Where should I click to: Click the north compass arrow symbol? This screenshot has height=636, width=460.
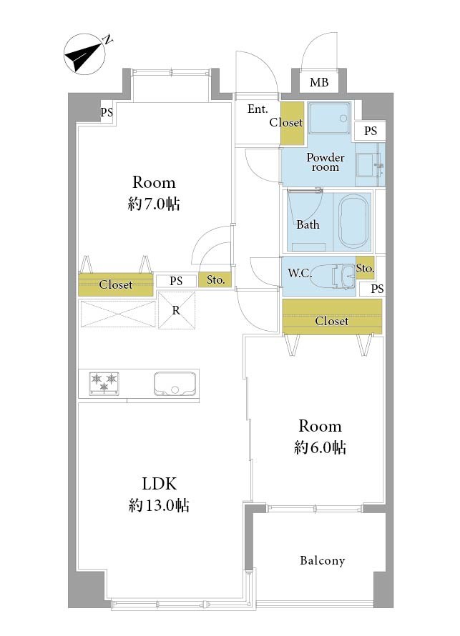pyautogui.click(x=84, y=54)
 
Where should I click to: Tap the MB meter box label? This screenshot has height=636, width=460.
pyautogui.click(x=319, y=83)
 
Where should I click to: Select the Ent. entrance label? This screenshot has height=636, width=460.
pyautogui.click(x=258, y=109)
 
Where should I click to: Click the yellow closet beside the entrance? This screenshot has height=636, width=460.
pyautogui.click(x=293, y=123)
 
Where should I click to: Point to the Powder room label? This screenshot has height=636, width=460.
pyautogui.click(x=326, y=162)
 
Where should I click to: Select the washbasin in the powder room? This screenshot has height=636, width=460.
pyautogui.click(x=368, y=165)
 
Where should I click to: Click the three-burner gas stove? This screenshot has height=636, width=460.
pyautogui.click(x=104, y=383)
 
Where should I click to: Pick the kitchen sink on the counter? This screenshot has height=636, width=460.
pyautogui.click(x=175, y=384)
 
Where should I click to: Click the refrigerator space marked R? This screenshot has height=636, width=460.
pyautogui.click(x=176, y=310)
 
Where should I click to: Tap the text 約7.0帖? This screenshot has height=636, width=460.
pyautogui.click(x=154, y=204)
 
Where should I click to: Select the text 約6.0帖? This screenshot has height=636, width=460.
pyautogui.click(x=320, y=447)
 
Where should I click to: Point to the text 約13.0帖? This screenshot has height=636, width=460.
pyautogui.click(x=159, y=505)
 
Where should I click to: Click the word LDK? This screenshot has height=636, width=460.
pyautogui.click(x=159, y=484)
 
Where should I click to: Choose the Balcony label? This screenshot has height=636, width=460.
pyautogui.click(x=323, y=560)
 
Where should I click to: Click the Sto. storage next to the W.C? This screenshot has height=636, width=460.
pyautogui.click(x=365, y=268)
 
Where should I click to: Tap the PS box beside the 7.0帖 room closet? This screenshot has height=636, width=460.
pyautogui.click(x=176, y=281)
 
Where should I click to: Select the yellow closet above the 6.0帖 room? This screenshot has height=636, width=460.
pyautogui.click(x=332, y=317)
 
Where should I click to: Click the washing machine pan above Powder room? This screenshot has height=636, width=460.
pyautogui.click(x=329, y=118)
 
